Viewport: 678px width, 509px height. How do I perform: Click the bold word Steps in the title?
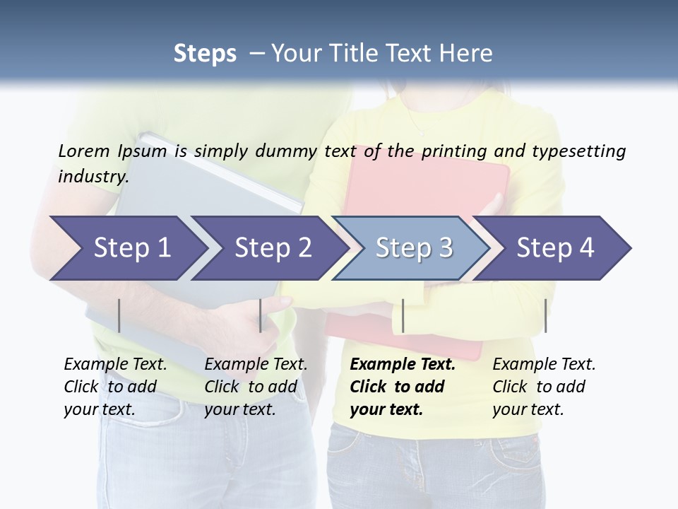coord(205,54)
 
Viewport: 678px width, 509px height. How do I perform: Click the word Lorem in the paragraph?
coord(83,151)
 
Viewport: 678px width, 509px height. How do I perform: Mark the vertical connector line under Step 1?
coord(119,315)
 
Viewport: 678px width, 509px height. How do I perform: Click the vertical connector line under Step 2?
coord(261,315)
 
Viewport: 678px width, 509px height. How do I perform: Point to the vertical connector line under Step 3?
coord(403,315)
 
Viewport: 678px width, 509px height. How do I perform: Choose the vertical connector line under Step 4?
coord(545,315)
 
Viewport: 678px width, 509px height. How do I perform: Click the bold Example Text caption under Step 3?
coord(402,387)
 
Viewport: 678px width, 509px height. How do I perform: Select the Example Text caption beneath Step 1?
coord(115,387)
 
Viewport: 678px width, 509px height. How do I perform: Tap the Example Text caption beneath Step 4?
coord(544,387)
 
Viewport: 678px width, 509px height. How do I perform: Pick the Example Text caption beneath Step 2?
coord(256,387)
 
